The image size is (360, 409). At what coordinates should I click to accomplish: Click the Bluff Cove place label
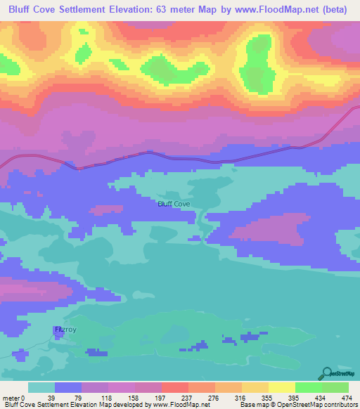click(x=174, y=204)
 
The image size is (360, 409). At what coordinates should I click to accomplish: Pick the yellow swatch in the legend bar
click(x=281, y=387)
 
